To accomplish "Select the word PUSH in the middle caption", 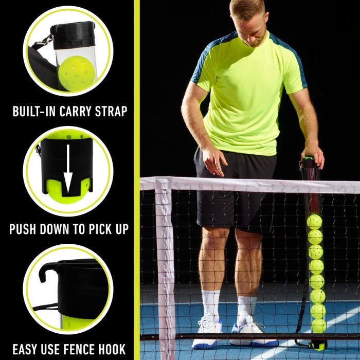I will point(24,229).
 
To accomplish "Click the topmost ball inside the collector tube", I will point(314,222).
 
